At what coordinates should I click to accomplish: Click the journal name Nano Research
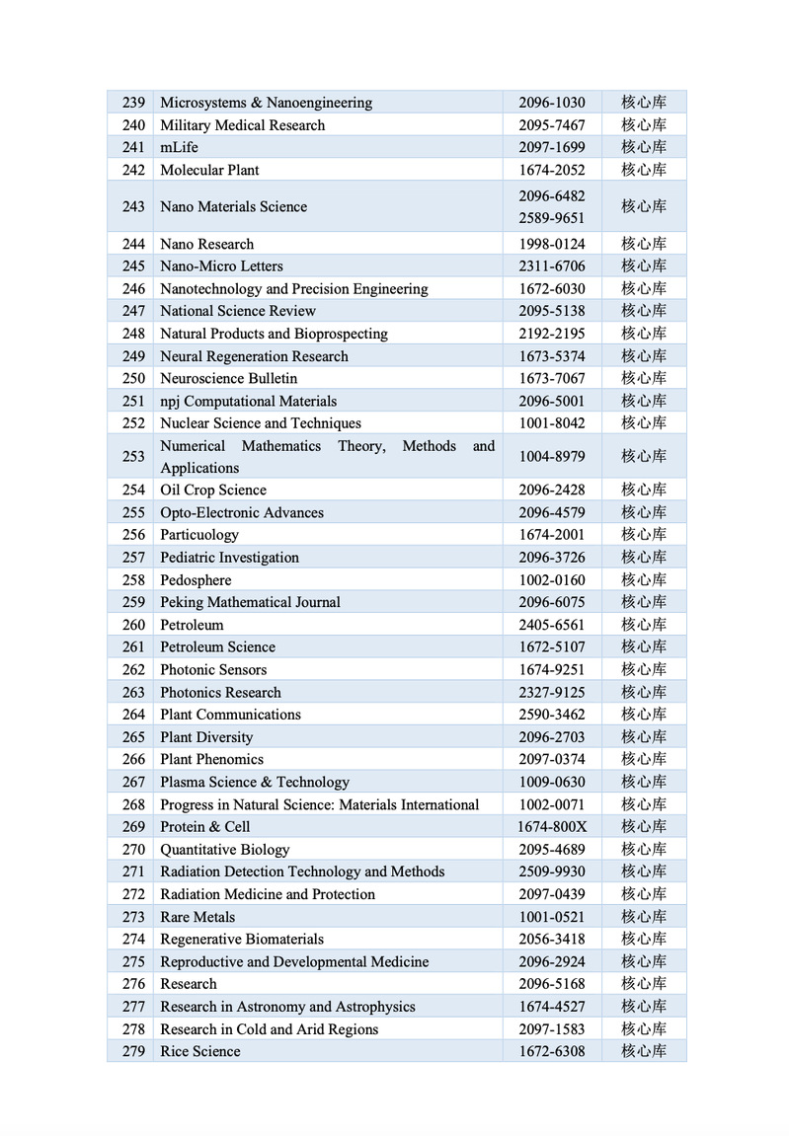[x=206, y=244]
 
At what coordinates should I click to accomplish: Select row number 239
[x=133, y=103]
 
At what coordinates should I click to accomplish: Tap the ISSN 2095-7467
[x=551, y=125]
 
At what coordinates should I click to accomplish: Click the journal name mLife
[x=179, y=147]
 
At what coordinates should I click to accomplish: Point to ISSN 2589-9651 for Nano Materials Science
[x=551, y=218]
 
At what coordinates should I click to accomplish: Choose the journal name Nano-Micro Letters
[x=221, y=265]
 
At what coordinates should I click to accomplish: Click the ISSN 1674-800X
[x=551, y=826]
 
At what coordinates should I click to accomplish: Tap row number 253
[x=133, y=456]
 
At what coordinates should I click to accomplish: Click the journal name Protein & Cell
[x=204, y=826]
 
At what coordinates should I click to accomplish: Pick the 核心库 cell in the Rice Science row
[x=643, y=1051]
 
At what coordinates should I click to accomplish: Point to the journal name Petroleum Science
[x=217, y=646]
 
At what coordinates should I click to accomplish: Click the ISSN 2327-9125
[x=551, y=692]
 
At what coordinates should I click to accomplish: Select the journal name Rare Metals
[x=197, y=917]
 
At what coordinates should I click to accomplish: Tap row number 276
[x=133, y=984]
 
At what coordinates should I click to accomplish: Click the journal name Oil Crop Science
[x=213, y=490]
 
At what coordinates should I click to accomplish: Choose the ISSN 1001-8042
[x=551, y=422]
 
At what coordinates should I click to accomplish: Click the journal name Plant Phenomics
[x=211, y=759]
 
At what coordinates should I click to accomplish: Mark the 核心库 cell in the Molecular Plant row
[x=643, y=170]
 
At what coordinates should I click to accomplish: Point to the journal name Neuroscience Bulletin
[x=228, y=378]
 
